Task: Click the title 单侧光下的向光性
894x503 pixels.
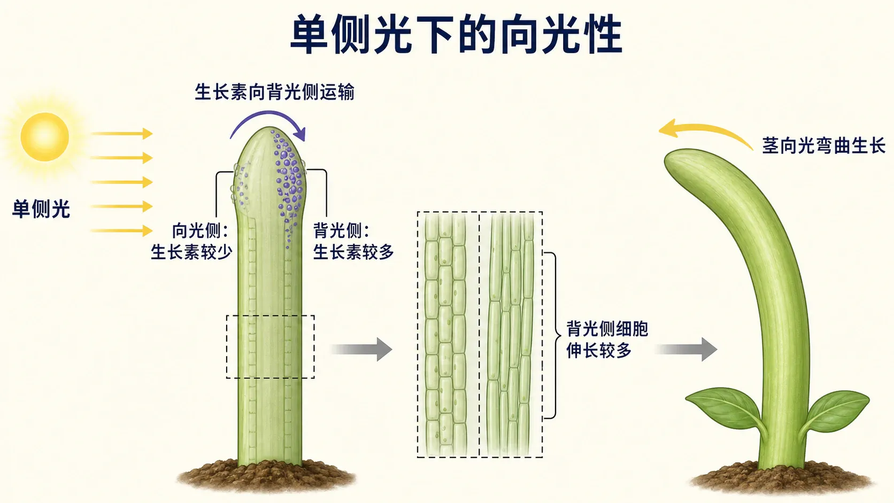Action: click(456, 34)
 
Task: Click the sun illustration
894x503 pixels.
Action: click(45, 137)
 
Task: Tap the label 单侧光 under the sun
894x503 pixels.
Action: click(41, 208)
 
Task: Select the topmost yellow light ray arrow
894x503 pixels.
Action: click(122, 134)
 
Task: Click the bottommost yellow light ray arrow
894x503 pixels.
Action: click(122, 230)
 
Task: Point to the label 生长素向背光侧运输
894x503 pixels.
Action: click(275, 92)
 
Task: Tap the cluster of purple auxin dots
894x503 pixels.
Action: click(289, 180)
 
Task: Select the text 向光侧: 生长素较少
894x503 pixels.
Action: click(191, 241)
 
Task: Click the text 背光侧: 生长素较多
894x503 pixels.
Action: click(353, 241)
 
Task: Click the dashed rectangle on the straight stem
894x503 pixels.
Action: click(270, 315)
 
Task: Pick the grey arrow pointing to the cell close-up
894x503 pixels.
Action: click(361, 350)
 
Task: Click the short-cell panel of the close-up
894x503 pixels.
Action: click(448, 334)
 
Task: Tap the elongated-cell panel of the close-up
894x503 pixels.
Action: click(511, 334)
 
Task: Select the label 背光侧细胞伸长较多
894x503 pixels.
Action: click(607, 340)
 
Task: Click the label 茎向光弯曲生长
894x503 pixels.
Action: click(823, 145)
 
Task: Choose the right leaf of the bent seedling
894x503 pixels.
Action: click(836, 411)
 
